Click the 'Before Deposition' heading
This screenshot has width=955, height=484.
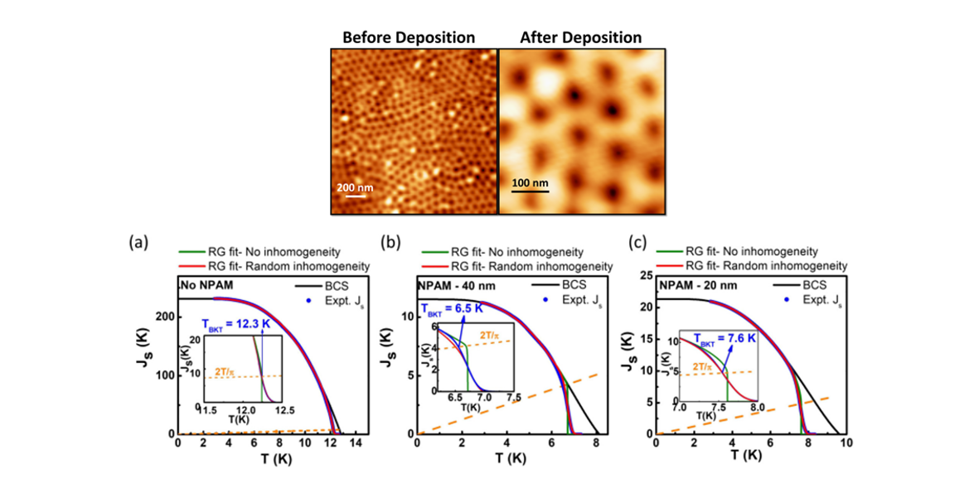click(x=409, y=37)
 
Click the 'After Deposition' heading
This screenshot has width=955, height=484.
click(x=580, y=37)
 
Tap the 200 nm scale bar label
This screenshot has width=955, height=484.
click(x=355, y=188)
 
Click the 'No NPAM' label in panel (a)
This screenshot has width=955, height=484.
click(x=206, y=283)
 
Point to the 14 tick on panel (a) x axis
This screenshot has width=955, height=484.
click(x=356, y=445)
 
